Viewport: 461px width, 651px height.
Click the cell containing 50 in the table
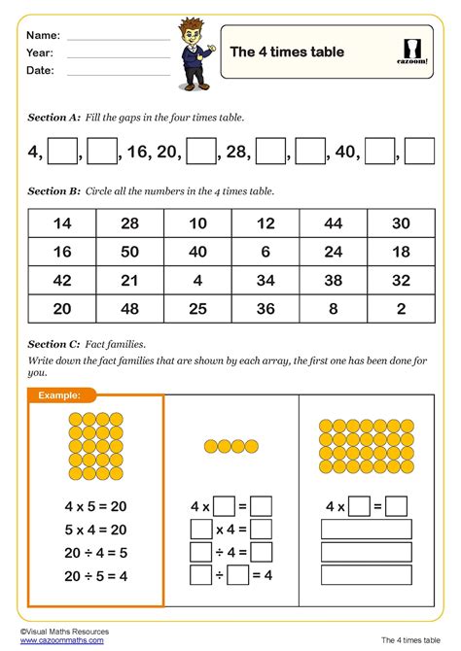[x=129, y=252]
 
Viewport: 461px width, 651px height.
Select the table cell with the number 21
[x=129, y=281]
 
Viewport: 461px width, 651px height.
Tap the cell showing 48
[x=129, y=310]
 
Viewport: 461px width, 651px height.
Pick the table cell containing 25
[x=197, y=310]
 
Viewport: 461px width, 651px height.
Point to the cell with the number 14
[x=61, y=223]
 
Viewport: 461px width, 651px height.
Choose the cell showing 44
[x=334, y=223]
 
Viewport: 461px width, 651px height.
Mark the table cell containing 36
[x=266, y=310]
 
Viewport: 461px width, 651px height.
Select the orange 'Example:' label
[x=61, y=395]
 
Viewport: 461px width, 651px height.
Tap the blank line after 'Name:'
[x=118, y=39]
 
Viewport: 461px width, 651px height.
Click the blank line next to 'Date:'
[x=118, y=74]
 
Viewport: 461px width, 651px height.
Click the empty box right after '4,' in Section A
[x=62, y=152]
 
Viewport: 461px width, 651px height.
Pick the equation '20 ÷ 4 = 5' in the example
[x=96, y=552]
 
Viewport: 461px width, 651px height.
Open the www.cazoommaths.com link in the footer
[x=56, y=642]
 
